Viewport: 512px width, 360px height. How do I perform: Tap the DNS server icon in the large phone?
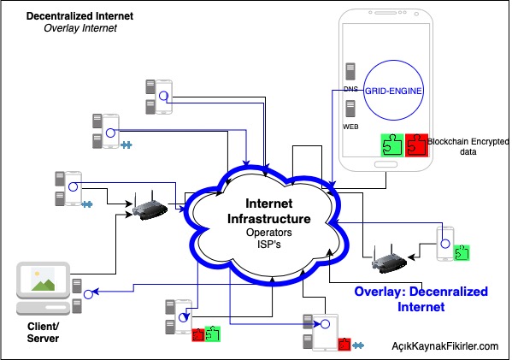point(350,72)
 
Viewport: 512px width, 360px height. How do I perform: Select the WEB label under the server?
point(350,127)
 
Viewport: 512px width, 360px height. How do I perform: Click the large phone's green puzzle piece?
point(392,145)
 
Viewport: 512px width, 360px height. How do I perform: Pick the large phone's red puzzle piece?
point(416,145)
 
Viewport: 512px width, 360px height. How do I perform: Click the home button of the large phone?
point(385,164)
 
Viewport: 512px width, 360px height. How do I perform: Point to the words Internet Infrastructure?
point(268,211)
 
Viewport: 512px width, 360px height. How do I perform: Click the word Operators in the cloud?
point(268,233)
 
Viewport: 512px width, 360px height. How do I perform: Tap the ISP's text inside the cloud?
point(268,245)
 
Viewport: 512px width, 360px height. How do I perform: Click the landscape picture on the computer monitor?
point(43,280)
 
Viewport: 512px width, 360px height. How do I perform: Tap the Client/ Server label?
point(43,333)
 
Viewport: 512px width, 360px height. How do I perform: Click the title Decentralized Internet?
point(79,16)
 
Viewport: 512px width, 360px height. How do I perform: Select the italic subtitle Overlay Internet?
point(80,28)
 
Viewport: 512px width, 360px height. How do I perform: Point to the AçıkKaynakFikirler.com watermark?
point(445,346)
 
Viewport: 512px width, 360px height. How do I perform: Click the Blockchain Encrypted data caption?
point(468,146)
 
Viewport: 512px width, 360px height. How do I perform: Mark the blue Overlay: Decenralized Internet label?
point(421,299)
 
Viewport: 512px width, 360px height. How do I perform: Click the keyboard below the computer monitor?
point(43,308)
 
